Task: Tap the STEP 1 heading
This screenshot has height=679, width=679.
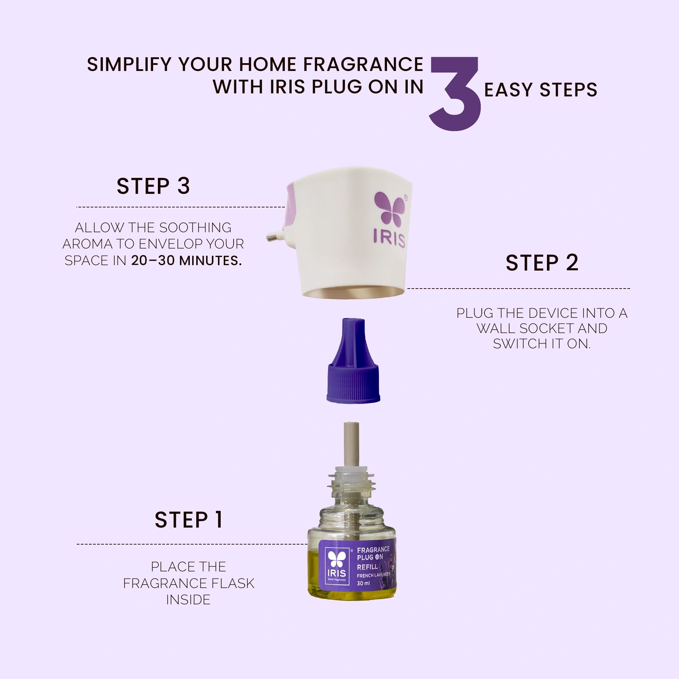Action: click(x=189, y=520)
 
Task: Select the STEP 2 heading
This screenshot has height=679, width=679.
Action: click(x=542, y=263)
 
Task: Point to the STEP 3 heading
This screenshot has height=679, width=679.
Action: click(x=153, y=186)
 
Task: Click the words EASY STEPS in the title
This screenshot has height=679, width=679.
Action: click(x=540, y=90)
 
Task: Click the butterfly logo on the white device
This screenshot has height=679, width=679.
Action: click(x=390, y=209)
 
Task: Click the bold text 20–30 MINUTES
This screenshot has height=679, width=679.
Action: click(x=186, y=261)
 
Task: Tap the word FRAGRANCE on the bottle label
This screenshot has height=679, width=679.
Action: click(x=373, y=550)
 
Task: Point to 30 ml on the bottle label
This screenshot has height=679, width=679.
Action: click(x=363, y=583)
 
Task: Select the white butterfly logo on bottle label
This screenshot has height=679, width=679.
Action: click(x=337, y=559)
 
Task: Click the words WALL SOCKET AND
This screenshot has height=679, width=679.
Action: click(x=542, y=328)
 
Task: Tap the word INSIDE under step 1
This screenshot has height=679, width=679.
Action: click(x=188, y=600)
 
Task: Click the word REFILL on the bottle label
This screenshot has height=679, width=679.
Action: click(x=367, y=567)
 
